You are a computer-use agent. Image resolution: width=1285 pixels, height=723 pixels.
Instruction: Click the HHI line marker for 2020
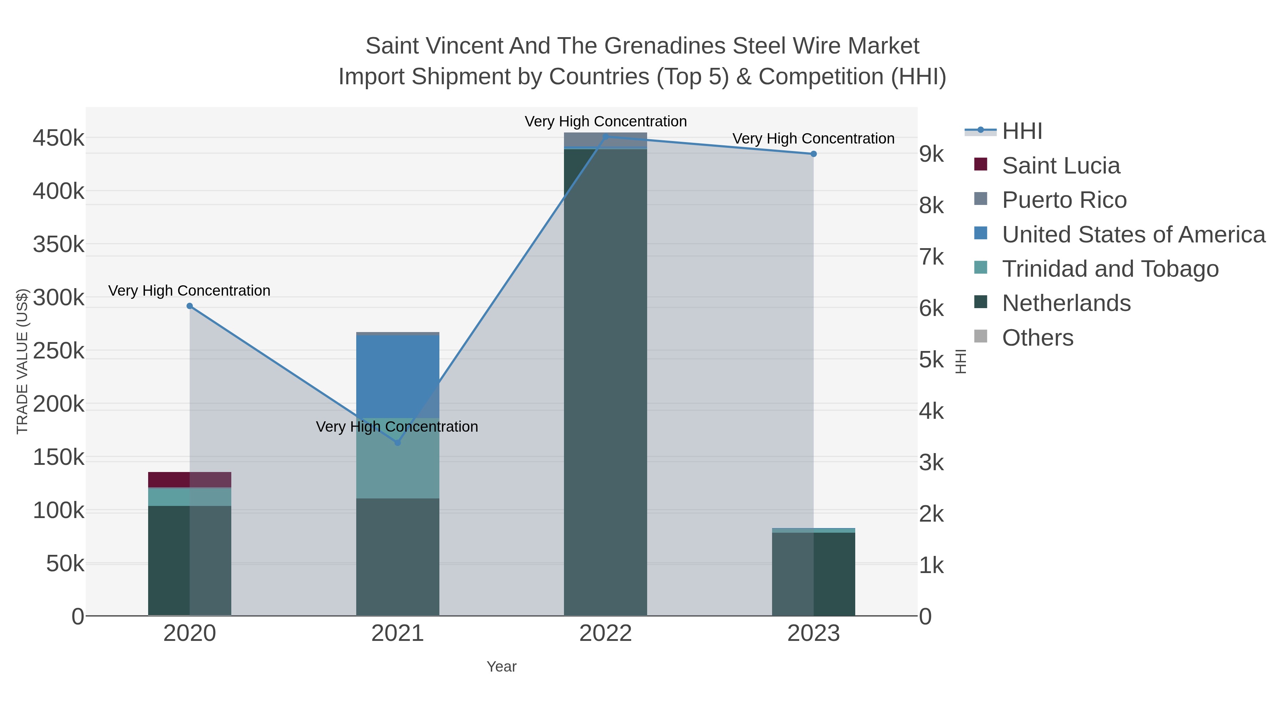[x=190, y=306]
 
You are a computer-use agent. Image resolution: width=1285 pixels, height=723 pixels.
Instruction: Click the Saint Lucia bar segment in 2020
[x=190, y=480]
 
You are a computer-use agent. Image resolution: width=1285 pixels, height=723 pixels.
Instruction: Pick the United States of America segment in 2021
[x=398, y=376]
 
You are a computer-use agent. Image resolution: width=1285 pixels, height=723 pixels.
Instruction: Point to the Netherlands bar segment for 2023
[x=813, y=574]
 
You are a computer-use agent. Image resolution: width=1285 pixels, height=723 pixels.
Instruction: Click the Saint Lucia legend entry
[x=1061, y=166]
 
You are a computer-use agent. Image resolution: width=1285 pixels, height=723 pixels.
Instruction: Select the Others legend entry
[x=1038, y=338]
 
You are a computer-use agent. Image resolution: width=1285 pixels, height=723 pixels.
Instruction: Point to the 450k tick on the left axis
[x=59, y=138]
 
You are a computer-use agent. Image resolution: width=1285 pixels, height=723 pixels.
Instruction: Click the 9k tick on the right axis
[x=931, y=154]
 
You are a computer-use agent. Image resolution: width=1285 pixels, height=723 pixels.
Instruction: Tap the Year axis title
[x=502, y=667]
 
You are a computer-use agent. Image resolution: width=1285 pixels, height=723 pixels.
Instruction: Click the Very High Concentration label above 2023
[x=813, y=139]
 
